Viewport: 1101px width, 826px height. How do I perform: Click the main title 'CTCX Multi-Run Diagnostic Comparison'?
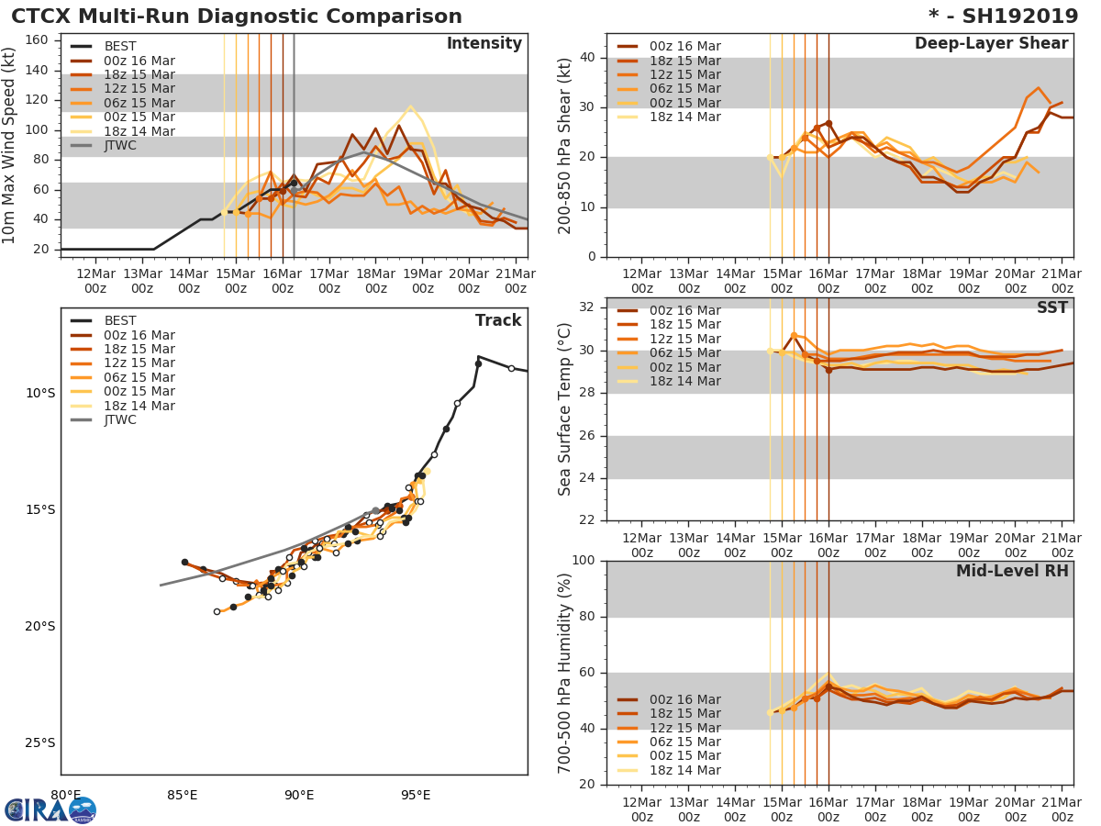(237, 17)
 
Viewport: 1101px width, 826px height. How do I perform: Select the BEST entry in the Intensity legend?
(119, 46)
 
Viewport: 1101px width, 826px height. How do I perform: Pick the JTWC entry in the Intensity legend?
(120, 145)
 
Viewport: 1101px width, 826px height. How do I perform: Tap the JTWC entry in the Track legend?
(120, 419)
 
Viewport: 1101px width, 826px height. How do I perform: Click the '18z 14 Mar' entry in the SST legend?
(684, 381)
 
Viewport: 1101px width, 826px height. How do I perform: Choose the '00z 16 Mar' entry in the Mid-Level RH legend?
(684, 699)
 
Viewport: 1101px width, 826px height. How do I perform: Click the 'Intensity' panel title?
(484, 44)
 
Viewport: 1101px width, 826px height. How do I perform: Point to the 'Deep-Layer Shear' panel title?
(991, 44)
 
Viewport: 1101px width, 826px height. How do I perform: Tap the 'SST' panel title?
(1051, 308)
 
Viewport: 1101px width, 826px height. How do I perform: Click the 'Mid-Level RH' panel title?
(1012, 571)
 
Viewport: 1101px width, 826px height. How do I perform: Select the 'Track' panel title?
(498, 320)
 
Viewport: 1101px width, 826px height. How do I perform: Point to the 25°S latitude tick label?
(40, 742)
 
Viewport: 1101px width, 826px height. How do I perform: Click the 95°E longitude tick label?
(416, 795)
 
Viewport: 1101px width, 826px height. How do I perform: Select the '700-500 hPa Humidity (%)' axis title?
(565, 673)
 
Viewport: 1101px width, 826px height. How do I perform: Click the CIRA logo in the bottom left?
(50, 809)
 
